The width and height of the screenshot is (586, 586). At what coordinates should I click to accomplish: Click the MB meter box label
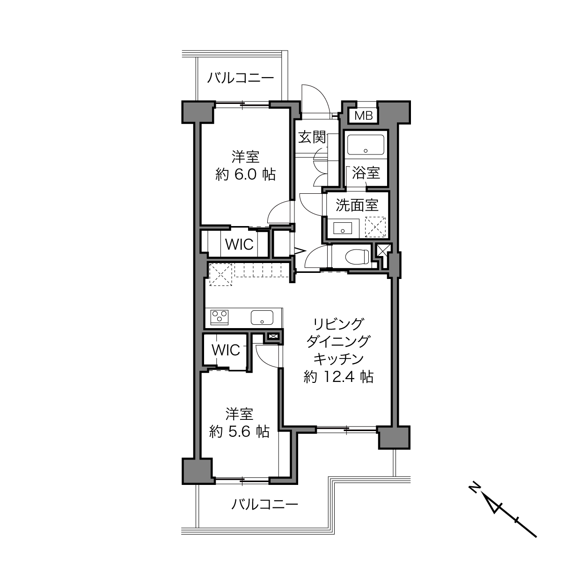click(363, 116)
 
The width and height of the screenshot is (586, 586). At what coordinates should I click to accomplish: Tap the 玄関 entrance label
click(312, 137)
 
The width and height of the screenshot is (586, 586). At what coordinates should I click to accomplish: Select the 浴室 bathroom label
click(366, 173)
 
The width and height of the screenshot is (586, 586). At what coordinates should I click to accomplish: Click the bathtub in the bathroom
click(366, 145)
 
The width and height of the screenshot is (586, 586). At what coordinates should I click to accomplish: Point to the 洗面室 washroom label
click(357, 205)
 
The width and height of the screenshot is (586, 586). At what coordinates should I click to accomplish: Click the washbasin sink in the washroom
click(343, 228)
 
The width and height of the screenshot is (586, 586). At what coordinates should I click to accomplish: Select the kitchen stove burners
click(219, 317)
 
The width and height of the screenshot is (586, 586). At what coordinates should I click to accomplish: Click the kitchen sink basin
click(262, 317)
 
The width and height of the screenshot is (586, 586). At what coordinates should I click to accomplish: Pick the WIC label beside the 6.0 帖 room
click(239, 244)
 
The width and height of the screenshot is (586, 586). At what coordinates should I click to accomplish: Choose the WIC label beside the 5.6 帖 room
click(226, 350)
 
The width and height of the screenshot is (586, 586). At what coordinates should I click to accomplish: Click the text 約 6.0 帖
click(246, 175)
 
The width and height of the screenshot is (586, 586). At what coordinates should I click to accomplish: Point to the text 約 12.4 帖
click(339, 377)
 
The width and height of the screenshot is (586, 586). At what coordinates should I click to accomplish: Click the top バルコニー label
click(240, 78)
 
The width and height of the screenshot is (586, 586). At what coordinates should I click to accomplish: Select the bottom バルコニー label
click(264, 505)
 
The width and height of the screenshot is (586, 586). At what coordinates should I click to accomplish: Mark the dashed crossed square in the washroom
click(375, 227)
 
